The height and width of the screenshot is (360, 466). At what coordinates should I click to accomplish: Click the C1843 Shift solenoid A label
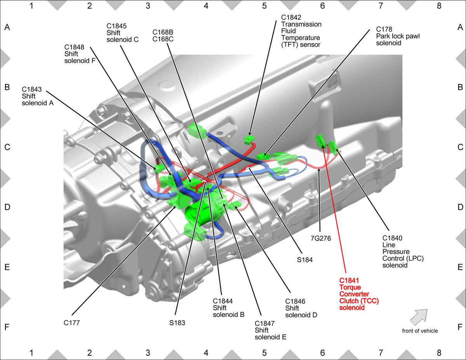point(38,96)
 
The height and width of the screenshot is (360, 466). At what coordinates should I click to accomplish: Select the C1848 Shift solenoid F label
point(80,54)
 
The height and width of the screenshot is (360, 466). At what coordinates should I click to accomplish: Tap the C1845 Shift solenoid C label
point(122,33)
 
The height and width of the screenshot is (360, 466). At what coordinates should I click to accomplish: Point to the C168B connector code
point(163,32)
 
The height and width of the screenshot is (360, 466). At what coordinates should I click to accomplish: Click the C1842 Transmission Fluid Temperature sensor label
point(301,31)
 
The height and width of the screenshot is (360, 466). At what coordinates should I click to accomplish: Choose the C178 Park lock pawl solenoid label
point(398,36)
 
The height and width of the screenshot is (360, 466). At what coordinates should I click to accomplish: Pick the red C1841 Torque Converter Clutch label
point(359,294)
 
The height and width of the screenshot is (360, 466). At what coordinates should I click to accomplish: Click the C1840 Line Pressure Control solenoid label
point(403,252)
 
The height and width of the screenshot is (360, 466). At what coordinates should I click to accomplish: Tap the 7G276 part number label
point(321,238)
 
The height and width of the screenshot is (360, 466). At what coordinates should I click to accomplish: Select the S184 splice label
point(305,260)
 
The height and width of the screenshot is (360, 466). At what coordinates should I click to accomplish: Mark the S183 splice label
point(177,323)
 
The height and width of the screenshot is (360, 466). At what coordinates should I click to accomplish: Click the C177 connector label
point(71,323)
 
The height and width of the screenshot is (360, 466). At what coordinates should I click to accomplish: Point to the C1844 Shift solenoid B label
point(229,308)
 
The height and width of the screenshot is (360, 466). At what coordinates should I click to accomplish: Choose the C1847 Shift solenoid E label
point(270,330)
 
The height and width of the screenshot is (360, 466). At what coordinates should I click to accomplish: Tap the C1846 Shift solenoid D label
point(301,308)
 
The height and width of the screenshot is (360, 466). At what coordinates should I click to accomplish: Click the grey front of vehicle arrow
point(419,317)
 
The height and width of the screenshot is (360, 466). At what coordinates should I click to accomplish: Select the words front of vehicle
point(420,331)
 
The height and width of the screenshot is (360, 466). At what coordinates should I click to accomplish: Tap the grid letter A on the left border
point(7,27)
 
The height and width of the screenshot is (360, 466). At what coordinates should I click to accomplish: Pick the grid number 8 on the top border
point(439,6)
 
